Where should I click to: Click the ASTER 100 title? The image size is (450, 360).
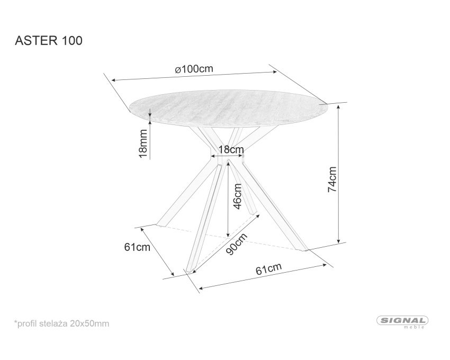pyautogui.click(x=49, y=41)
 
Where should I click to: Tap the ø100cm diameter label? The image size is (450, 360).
pyautogui.click(x=194, y=69)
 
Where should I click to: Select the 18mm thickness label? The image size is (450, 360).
pyautogui.click(x=142, y=143)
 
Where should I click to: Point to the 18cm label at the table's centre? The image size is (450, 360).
pyautogui.click(x=231, y=150)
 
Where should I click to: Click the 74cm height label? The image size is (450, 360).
pyautogui.click(x=332, y=179)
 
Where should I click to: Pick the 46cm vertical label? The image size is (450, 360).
pyautogui.click(x=237, y=196)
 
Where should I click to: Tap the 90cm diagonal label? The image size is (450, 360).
pyautogui.click(x=237, y=244)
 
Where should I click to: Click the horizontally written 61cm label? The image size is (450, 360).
pyautogui.click(x=137, y=247)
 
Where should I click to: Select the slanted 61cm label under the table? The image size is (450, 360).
pyautogui.click(x=268, y=269)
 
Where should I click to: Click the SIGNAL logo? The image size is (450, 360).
pyautogui.click(x=402, y=320)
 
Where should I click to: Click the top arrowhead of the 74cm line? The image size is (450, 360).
pyautogui.click(x=339, y=107)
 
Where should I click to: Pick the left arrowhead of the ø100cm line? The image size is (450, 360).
pyautogui.click(x=114, y=80)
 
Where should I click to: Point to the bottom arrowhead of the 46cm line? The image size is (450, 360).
pyautogui.click(x=228, y=235)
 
